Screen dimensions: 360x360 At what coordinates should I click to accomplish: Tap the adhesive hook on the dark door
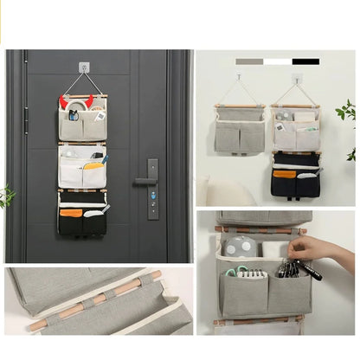pyautogui.click(x=84, y=67)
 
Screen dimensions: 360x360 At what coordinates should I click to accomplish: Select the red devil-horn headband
pyautogui.click(x=63, y=101)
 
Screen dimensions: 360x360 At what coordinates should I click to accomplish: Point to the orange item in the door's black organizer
pyautogui.click(x=71, y=212)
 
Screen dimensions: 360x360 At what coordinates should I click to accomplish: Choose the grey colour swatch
pyautogui.click(x=249, y=61)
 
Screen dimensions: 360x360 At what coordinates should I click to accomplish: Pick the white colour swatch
pyautogui.click(x=278, y=61)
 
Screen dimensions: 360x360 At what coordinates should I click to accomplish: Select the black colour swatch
pyautogui.click(x=305, y=61)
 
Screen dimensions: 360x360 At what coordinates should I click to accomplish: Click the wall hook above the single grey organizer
pyautogui.click(x=239, y=77)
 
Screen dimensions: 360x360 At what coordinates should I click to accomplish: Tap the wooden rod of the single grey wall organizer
pyautogui.click(x=240, y=106)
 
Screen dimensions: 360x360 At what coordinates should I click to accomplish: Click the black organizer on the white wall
pyautogui.click(x=295, y=177)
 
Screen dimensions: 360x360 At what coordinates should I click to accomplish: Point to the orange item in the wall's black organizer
pyautogui.click(x=284, y=173)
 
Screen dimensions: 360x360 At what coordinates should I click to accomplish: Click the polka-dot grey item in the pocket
pyautogui.click(x=238, y=246)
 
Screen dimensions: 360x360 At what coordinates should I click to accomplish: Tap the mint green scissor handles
pyautogui.click(x=235, y=271)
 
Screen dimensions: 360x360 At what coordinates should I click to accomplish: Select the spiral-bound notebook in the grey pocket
pyautogui.click(x=253, y=273)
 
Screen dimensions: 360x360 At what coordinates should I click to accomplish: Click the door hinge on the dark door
pyautogui.click(x=26, y=119)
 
